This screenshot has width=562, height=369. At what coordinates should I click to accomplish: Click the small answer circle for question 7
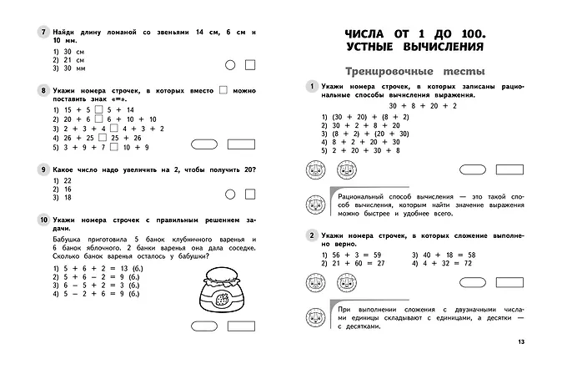(230, 64)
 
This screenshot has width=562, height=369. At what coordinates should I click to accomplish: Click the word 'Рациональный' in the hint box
(364, 195)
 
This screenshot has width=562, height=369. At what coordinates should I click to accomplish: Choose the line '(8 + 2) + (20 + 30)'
(361, 134)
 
